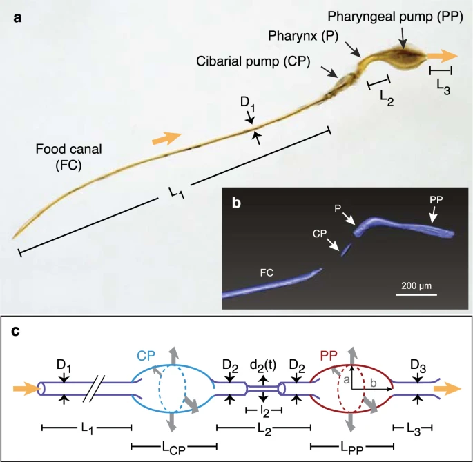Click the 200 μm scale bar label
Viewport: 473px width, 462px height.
[x=416, y=285]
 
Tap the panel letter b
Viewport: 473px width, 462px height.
[x=236, y=203]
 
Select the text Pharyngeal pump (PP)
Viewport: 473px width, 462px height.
[x=395, y=17]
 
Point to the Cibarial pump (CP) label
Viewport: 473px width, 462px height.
[x=253, y=61]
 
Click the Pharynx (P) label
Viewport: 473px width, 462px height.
[x=303, y=36]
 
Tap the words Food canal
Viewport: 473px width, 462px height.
[x=69, y=149]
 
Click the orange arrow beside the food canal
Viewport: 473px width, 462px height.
[x=166, y=138]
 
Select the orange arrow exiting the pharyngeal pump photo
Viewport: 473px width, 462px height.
[x=443, y=56]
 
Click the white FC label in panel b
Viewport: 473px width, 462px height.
[x=267, y=273]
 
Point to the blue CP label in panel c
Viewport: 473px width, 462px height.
[x=146, y=356]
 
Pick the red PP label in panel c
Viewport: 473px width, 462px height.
[x=329, y=356]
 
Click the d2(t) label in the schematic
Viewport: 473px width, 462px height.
[x=263, y=365]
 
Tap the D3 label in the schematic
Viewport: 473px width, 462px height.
[x=418, y=366]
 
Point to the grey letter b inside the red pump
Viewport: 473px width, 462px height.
[x=374, y=383]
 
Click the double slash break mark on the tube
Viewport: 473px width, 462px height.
[x=94, y=389]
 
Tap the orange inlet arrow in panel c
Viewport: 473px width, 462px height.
[x=26, y=389]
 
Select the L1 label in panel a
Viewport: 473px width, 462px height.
[x=176, y=192]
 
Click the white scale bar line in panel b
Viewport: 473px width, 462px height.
[x=416, y=294]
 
